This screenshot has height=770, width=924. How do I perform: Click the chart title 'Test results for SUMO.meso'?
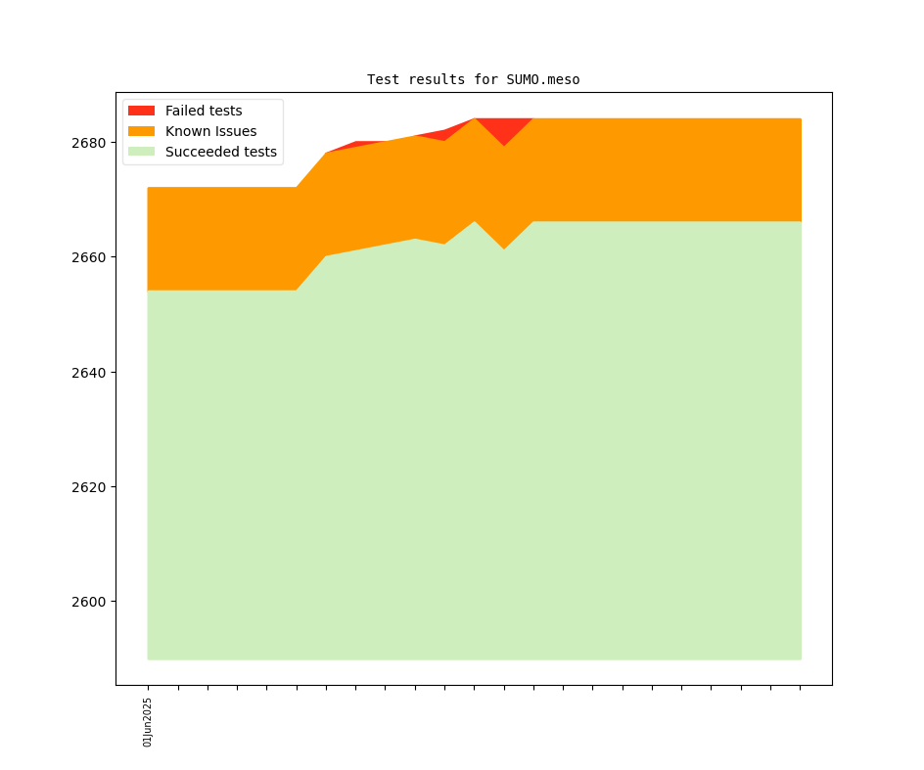point(473,79)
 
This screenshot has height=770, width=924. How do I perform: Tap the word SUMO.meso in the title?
point(542,79)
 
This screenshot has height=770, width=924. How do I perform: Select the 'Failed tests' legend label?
point(203,111)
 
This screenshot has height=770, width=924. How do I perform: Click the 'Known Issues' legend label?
point(210,131)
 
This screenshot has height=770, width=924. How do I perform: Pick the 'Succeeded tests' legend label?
point(220,152)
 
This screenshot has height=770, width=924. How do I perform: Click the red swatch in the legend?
point(141,111)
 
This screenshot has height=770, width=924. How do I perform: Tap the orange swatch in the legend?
point(141,131)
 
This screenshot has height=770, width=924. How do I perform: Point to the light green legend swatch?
point(141,152)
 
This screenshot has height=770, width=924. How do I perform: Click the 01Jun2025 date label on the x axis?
point(148,722)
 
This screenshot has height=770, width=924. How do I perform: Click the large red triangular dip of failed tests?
point(504,129)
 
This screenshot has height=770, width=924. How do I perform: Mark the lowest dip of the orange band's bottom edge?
point(504,249)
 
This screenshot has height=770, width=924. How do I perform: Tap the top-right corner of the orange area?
point(800,120)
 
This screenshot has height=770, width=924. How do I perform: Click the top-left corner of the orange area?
point(149,189)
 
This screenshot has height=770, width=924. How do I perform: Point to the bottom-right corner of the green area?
point(800,658)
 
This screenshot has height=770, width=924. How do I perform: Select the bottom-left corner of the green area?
point(149,658)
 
